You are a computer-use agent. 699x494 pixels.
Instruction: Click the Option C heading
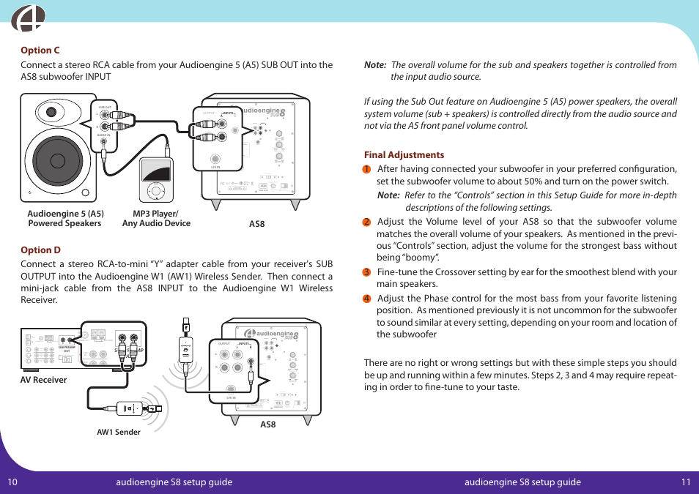pyautogui.click(x=40, y=50)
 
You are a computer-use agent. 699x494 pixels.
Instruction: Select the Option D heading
pyautogui.click(x=40, y=250)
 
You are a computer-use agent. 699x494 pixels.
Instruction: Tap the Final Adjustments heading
pyautogui.click(x=404, y=155)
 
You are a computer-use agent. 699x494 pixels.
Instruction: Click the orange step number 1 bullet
pyautogui.click(x=367, y=169)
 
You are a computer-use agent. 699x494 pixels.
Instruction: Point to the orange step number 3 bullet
pyautogui.click(x=367, y=272)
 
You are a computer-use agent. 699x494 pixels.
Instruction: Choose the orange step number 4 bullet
pyautogui.click(x=367, y=299)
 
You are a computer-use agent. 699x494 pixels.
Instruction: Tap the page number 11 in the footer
pyautogui.click(x=685, y=482)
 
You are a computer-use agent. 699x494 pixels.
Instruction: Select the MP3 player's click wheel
pyautogui.click(x=154, y=190)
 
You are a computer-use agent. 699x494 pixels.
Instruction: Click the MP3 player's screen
pyautogui.click(x=155, y=172)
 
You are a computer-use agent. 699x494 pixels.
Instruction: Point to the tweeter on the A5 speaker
pyautogui.click(x=51, y=113)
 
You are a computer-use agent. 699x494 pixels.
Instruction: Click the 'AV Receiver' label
pyautogui.click(x=44, y=380)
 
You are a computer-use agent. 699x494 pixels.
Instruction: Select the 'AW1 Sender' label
pyautogui.click(x=119, y=432)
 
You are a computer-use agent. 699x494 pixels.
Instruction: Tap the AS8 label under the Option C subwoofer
pyautogui.click(x=256, y=224)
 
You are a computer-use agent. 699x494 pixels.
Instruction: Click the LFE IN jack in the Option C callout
pyautogui.click(x=215, y=159)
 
